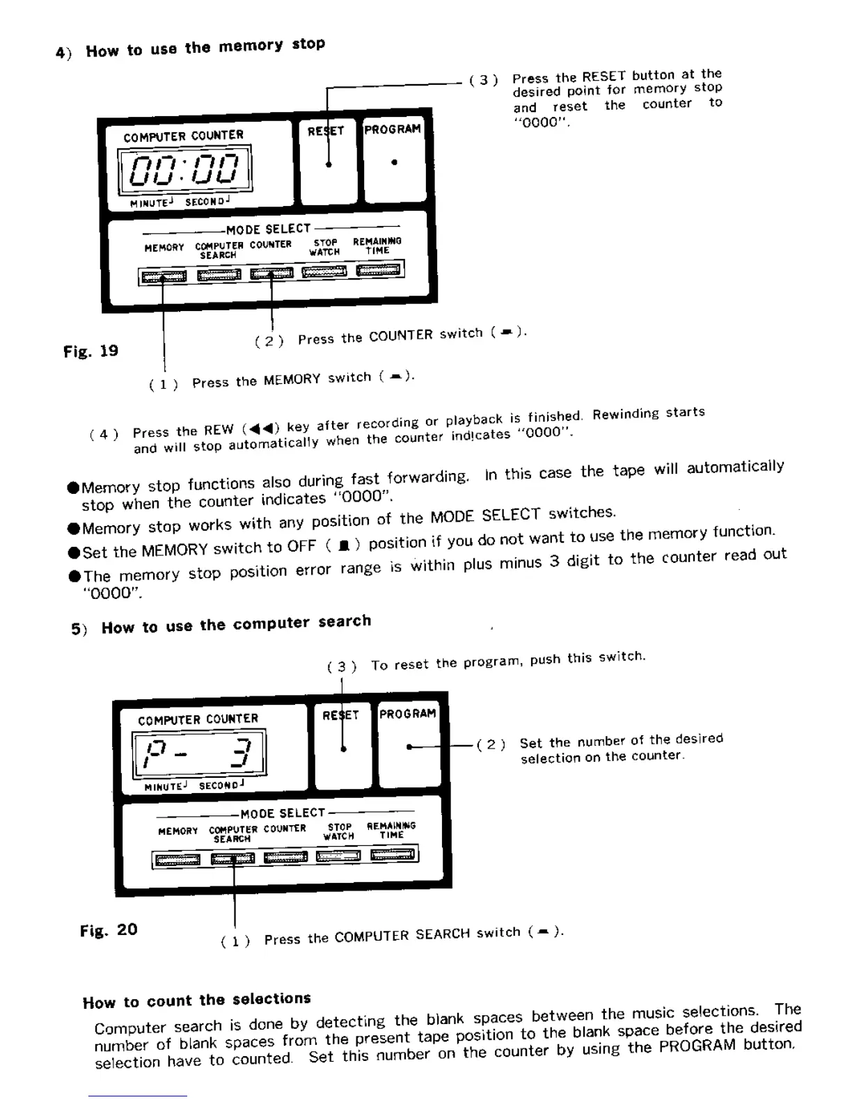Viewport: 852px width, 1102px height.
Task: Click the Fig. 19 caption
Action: tap(91, 351)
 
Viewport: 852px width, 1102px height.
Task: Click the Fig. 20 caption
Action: tap(109, 930)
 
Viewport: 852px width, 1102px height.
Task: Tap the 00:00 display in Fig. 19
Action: tap(185, 170)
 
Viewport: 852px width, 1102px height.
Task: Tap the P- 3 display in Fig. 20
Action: tap(199, 753)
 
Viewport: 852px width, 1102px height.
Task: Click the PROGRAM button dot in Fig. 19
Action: tap(395, 163)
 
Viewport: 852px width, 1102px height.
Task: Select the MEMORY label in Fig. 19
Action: tap(164, 248)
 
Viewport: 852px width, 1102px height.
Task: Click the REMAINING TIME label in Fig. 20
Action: tap(391, 830)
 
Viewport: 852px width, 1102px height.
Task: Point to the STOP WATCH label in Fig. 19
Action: tap(325, 247)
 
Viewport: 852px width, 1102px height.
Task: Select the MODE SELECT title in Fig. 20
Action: tap(283, 813)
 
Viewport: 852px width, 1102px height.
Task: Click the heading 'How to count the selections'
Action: tap(197, 1000)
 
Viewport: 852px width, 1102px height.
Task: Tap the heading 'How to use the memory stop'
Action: tap(205, 47)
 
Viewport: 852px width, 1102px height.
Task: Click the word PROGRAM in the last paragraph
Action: tap(697, 1046)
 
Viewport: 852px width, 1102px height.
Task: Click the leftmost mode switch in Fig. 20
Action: tap(177, 860)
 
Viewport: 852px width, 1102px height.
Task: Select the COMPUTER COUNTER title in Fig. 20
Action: tap(198, 719)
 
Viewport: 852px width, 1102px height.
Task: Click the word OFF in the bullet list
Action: tap(301, 547)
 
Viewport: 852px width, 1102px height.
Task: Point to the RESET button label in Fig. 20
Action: tap(340, 714)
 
